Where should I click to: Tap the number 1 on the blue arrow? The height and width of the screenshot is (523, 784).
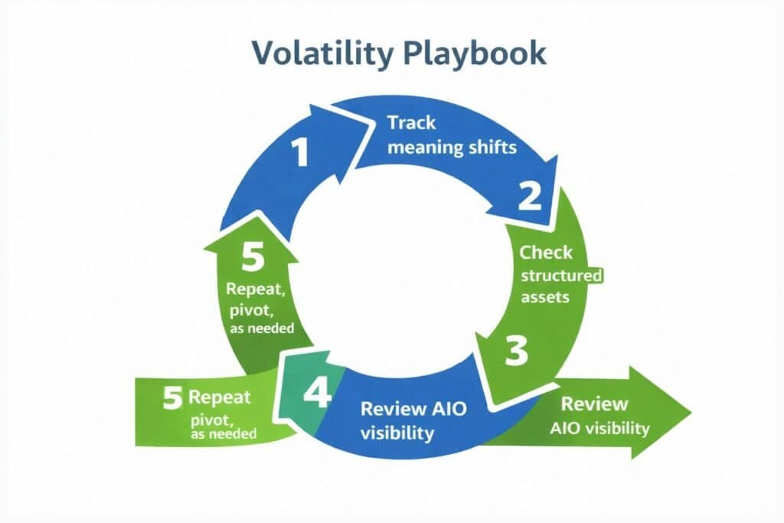coord(301,151)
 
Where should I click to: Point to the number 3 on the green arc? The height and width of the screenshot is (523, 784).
coord(517,351)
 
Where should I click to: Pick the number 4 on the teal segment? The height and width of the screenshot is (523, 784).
coord(317,394)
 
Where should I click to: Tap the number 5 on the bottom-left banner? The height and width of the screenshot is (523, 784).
coord(172,398)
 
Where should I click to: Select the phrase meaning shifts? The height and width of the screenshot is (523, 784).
coord(452,148)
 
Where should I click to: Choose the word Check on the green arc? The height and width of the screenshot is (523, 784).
coord(546,252)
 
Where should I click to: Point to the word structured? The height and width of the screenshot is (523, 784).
coord(561,275)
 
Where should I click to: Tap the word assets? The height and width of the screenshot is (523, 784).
coord(544,297)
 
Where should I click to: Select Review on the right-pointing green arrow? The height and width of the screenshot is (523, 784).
coord(594,404)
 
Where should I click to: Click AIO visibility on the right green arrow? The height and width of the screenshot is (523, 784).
coord(599,427)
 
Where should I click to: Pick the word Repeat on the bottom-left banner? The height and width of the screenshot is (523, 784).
coord(219,398)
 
